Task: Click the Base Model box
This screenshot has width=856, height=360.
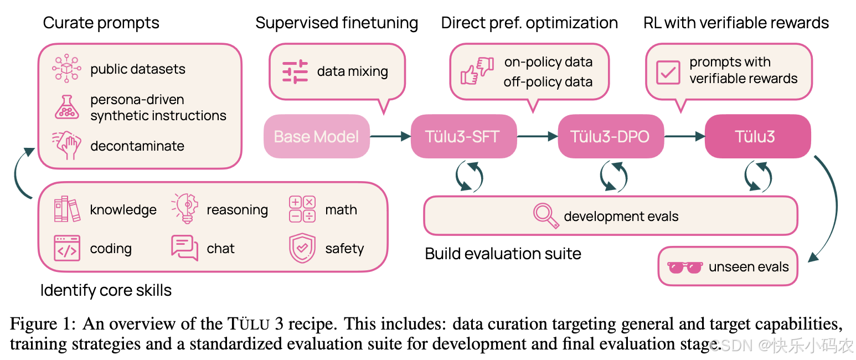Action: (x=316, y=136)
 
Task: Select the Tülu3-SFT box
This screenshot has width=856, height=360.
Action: (x=463, y=136)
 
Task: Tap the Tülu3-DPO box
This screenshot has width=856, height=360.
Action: (x=610, y=136)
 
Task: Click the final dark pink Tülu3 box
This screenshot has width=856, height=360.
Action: (x=757, y=136)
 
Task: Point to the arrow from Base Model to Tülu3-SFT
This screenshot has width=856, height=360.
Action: (x=390, y=136)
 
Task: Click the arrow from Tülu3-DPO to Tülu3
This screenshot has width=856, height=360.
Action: (x=684, y=136)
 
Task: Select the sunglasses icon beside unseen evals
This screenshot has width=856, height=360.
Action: (x=685, y=268)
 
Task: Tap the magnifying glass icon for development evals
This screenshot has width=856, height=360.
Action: (x=546, y=216)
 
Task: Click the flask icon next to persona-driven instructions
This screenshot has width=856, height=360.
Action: (x=66, y=107)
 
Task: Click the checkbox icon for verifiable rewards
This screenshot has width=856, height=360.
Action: (x=668, y=72)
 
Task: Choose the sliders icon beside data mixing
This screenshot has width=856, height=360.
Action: (x=295, y=72)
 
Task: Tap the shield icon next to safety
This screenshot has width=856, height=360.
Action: (x=302, y=249)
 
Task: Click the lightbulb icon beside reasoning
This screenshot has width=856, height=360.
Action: (x=185, y=209)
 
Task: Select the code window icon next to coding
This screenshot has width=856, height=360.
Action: (x=67, y=248)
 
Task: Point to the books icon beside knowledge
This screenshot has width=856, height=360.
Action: (x=67, y=209)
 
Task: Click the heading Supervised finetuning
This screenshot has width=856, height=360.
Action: (x=337, y=23)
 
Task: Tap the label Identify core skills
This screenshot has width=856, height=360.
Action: (x=106, y=290)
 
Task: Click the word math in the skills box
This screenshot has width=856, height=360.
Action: (x=341, y=210)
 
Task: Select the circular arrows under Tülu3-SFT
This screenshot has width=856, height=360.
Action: (x=469, y=175)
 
